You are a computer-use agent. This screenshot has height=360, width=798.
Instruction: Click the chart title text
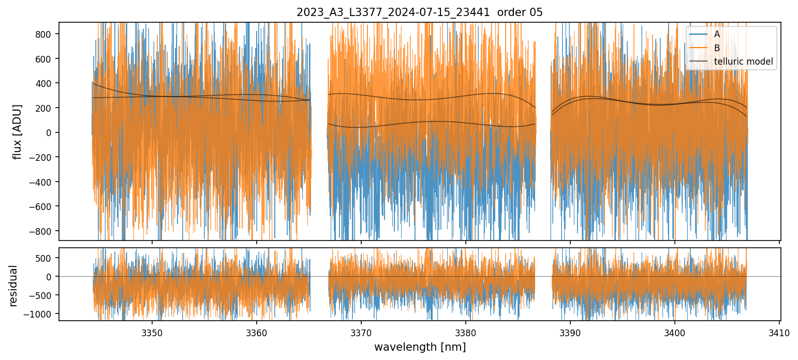click(x=420, y=12)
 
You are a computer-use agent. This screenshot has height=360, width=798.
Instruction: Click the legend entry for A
click(x=716, y=34)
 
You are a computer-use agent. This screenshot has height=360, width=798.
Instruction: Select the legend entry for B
click(x=716, y=48)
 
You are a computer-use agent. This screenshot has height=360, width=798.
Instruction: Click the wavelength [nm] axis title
click(x=420, y=347)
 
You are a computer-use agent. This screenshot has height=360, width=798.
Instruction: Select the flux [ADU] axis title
click(x=18, y=131)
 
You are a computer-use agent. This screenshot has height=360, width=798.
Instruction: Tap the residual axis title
click(x=13, y=286)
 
